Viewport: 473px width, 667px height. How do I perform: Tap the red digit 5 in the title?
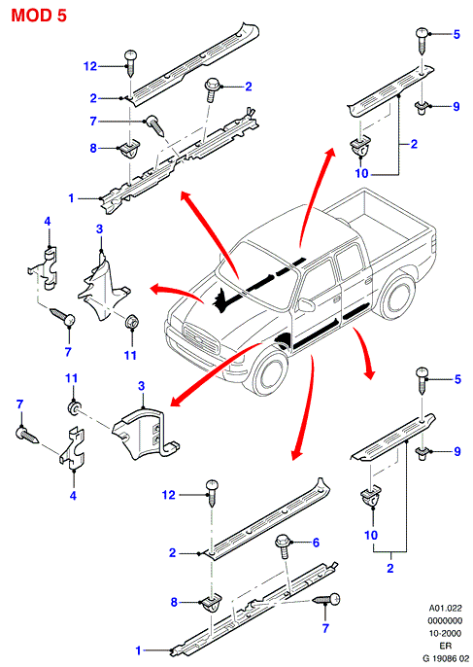click(x=61, y=16)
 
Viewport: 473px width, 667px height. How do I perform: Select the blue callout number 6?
click(x=316, y=543)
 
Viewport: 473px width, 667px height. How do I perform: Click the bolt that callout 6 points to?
click(x=283, y=547)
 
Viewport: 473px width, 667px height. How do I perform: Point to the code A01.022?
click(x=445, y=609)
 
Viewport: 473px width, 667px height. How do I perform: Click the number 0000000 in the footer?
click(x=445, y=621)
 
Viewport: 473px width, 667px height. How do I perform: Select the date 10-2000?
click(x=445, y=633)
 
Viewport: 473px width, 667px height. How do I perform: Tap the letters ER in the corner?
click(x=445, y=646)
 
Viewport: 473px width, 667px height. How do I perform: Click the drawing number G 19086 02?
click(x=446, y=658)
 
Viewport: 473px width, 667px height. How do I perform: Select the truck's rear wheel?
click(x=397, y=298)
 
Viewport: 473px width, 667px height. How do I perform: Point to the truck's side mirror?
click(x=307, y=305)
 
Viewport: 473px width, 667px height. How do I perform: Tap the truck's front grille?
click(x=201, y=338)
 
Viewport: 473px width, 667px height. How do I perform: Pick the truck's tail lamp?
click(x=433, y=243)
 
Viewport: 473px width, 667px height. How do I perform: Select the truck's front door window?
click(x=317, y=281)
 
